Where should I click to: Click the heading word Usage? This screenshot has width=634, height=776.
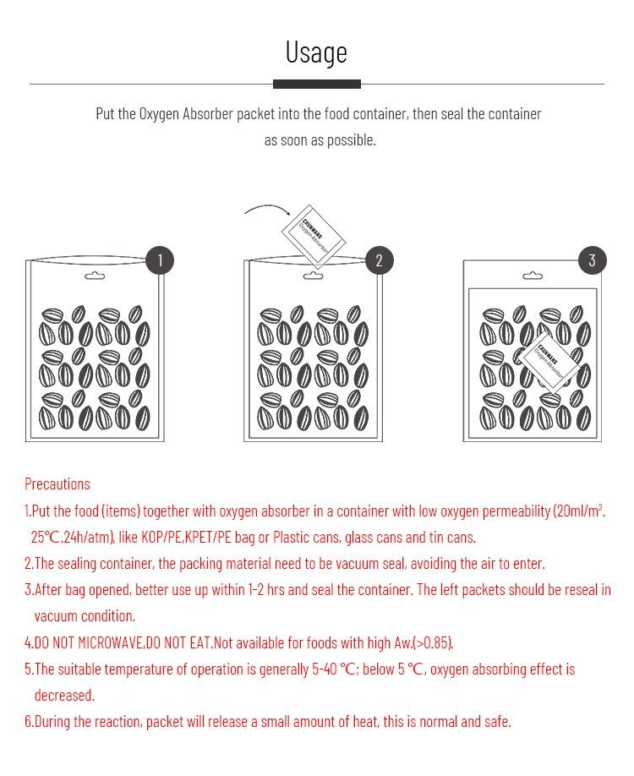click(x=316, y=52)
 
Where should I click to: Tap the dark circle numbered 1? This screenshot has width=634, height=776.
click(x=160, y=260)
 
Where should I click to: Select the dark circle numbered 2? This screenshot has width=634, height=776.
click(x=379, y=260)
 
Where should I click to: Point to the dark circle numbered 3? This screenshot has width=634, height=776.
click(x=592, y=260)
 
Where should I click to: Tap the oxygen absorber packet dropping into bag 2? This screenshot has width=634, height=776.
click(x=313, y=236)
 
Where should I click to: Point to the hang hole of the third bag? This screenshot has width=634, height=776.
click(x=533, y=276)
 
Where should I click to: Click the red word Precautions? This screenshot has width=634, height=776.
click(x=57, y=484)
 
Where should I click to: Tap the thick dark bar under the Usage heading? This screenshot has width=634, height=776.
click(x=317, y=84)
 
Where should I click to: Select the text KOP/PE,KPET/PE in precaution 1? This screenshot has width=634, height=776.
click(x=186, y=537)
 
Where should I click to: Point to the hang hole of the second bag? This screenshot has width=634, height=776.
click(x=313, y=276)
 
